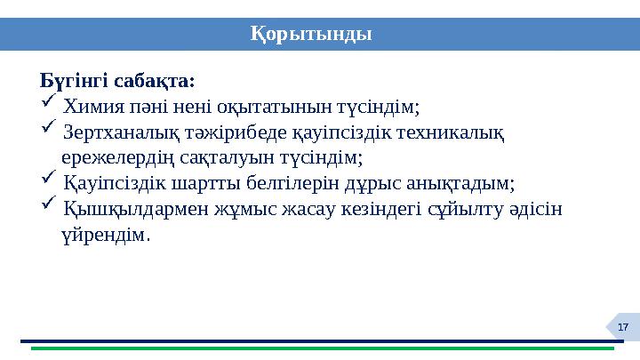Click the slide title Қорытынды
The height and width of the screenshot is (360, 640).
pos(310,34)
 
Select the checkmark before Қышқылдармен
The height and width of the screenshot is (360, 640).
pos(49,206)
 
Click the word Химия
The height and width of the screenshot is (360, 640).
pos(94,107)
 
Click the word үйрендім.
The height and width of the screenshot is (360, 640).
pos(107,236)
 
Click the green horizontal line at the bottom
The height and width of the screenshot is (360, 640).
pos(320,348)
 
